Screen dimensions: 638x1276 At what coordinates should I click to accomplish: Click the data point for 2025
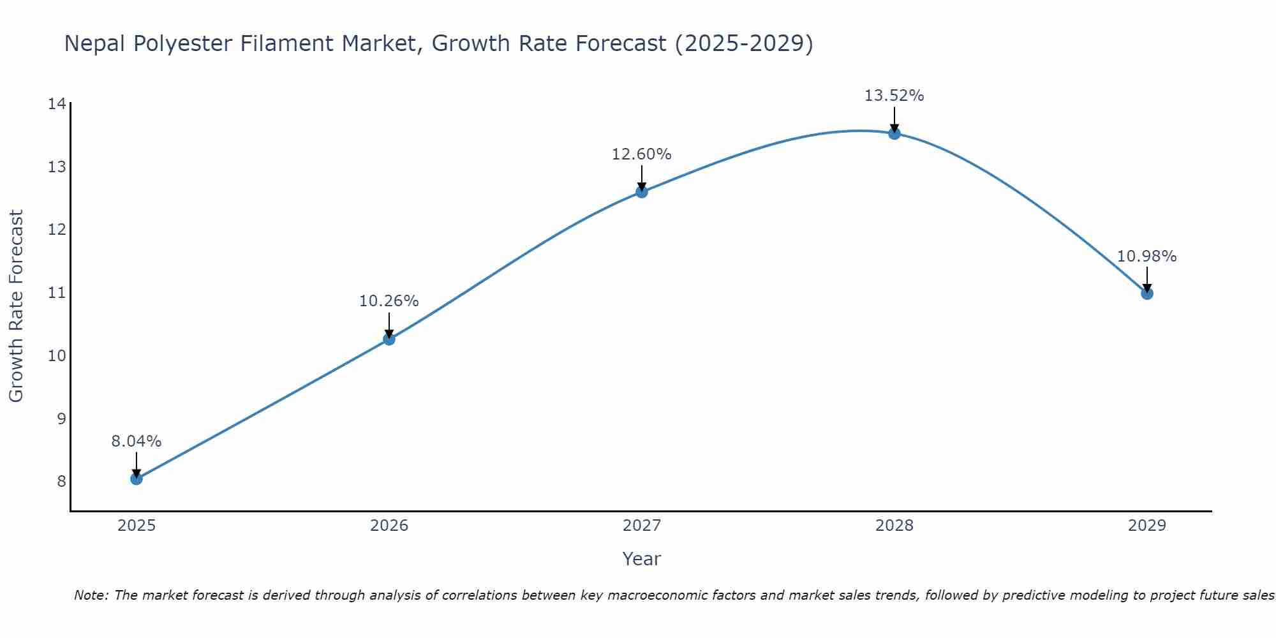click(137, 478)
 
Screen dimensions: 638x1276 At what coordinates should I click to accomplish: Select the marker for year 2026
click(389, 339)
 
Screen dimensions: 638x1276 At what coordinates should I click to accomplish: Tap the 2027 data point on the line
click(642, 191)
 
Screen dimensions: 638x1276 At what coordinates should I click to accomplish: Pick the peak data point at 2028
click(894, 133)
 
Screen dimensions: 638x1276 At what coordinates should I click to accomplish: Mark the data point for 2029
click(1147, 293)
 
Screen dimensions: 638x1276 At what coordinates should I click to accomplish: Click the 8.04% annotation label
click(137, 441)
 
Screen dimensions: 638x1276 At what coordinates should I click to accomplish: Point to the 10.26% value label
click(389, 301)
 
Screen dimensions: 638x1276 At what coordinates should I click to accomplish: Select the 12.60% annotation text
click(642, 154)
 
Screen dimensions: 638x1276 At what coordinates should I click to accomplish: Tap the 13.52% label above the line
click(894, 96)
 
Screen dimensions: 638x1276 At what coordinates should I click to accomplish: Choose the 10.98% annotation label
click(1147, 256)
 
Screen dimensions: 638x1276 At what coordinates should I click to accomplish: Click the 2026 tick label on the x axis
click(389, 526)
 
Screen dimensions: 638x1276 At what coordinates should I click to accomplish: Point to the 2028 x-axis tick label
click(894, 526)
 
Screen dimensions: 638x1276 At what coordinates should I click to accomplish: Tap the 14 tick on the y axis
click(57, 104)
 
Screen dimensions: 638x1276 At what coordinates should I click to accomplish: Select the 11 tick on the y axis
click(57, 293)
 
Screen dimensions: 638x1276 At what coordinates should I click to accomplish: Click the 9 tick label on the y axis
click(61, 419)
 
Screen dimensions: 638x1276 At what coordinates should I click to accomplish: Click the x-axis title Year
click(642, 559)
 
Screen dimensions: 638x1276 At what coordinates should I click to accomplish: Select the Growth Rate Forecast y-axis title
click(17, 306)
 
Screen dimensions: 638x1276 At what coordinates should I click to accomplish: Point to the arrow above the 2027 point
click(642, 178)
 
